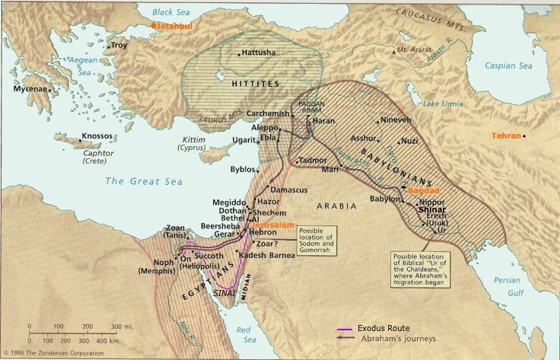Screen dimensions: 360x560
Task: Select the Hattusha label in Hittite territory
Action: [x=259, y=53]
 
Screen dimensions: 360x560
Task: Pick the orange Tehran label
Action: [x=506, y=135]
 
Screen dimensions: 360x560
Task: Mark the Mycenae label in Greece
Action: [x=30, y=89]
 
